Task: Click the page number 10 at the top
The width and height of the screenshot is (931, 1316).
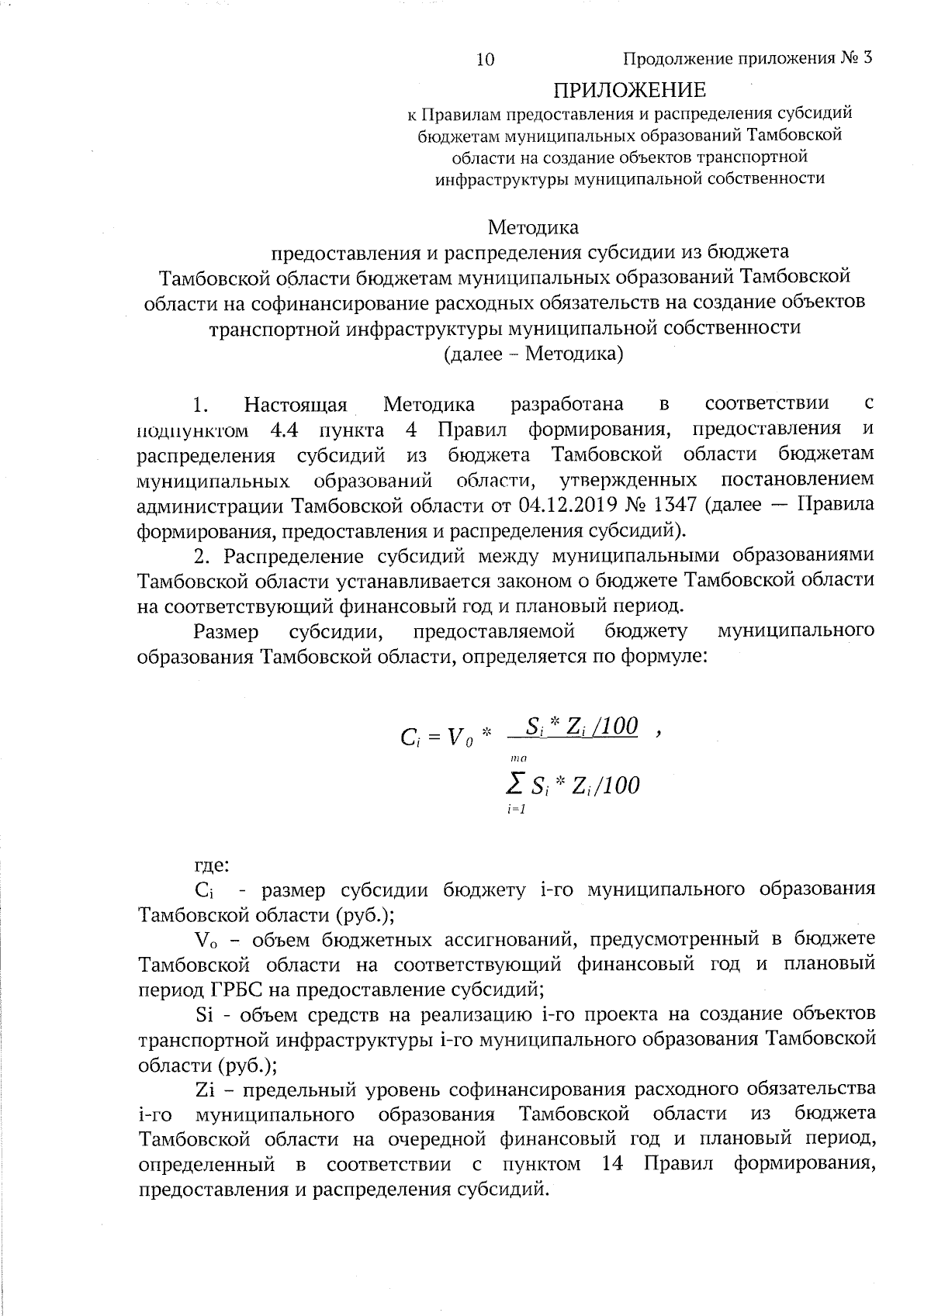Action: [x=486, y=60]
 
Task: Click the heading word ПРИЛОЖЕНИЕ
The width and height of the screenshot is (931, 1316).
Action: [x=629, y=90]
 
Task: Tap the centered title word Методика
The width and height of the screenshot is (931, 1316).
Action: [x=533, y=227]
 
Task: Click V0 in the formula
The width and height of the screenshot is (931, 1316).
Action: [x=458, y=737]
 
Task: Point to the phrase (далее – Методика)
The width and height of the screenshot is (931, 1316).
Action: [x=533, y=354]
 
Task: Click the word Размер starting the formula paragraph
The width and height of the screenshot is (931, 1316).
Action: [x=226, y=631]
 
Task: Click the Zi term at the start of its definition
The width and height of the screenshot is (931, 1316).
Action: [x=205, y=1090]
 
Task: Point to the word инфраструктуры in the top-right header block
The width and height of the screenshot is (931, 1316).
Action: [x=500, y=178]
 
